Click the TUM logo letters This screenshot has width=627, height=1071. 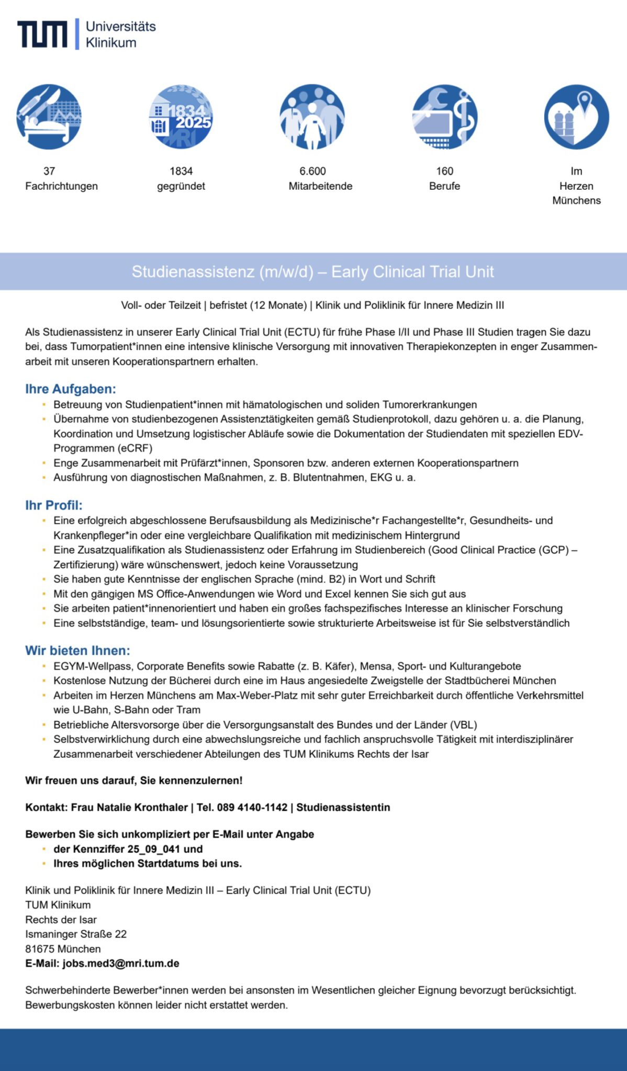click(42, 35)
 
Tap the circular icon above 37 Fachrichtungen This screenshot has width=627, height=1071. click(49, 117)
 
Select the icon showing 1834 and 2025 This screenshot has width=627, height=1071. click(181, 117)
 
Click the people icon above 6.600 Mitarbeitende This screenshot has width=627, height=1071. click(312, 117)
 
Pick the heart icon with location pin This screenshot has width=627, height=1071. click(576, 117)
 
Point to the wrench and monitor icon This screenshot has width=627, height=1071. click(444, 117)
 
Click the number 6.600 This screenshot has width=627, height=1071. click(312, 171)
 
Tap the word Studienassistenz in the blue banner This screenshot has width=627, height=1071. click(193, 272)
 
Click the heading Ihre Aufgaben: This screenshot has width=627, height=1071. click(71, 389)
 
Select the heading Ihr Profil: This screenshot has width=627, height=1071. click(54, 505)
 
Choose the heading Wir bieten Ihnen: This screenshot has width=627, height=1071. click(77, 651)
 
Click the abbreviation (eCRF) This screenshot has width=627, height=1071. click(135, 448)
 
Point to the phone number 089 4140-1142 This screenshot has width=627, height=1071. click(252, 807)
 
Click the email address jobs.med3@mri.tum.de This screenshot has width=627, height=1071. click(121, 963)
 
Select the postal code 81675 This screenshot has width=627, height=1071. click(39, 949)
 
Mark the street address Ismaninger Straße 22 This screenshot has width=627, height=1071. click(76, 934)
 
